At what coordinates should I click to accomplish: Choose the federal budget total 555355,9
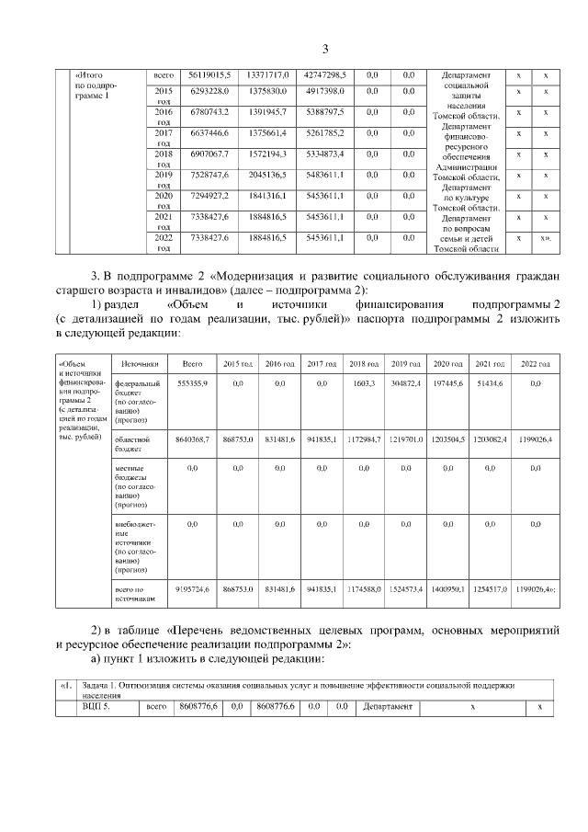[x=192, y=382]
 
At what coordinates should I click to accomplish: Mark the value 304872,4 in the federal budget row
[x=405, y=382]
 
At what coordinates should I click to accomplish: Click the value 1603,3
[x=364, y=382]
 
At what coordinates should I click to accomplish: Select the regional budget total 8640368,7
[x=192, y=440]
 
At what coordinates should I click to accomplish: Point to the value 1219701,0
[x=405, y=440]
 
